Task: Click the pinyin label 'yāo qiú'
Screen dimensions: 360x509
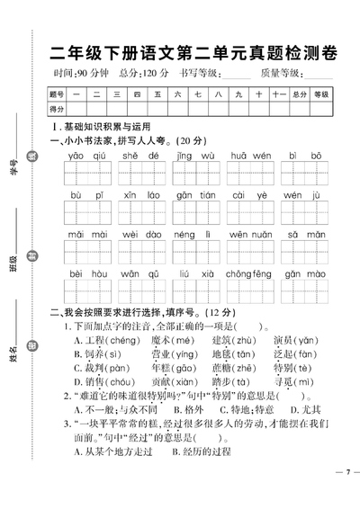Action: (x=87, y=156)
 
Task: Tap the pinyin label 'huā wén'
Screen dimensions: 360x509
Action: (x=250, y=156)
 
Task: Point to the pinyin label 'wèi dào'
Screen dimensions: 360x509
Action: (x=142, y=233)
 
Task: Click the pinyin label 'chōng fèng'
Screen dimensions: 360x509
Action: (x=250, y=272)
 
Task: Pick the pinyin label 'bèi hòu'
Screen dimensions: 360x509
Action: (x=87, y=272)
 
